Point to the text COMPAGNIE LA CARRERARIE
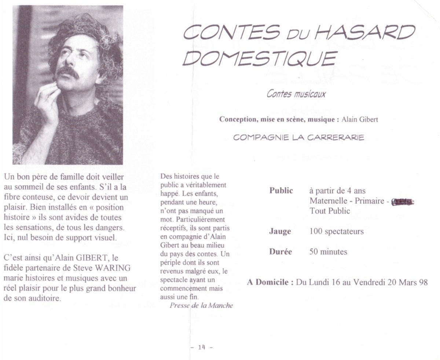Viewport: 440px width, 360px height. click(299, 138)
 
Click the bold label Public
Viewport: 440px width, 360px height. click(281, 191)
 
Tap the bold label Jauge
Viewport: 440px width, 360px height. click(280, 232)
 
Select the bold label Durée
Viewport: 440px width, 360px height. click(280, 252)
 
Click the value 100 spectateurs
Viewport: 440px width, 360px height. click(336, 232)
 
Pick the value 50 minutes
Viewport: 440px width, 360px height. click(328, 252)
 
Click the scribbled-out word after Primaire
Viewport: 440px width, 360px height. click(403, 201)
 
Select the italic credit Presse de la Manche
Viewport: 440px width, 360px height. click(201, 306)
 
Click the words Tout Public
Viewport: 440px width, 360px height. click(330, 211)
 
